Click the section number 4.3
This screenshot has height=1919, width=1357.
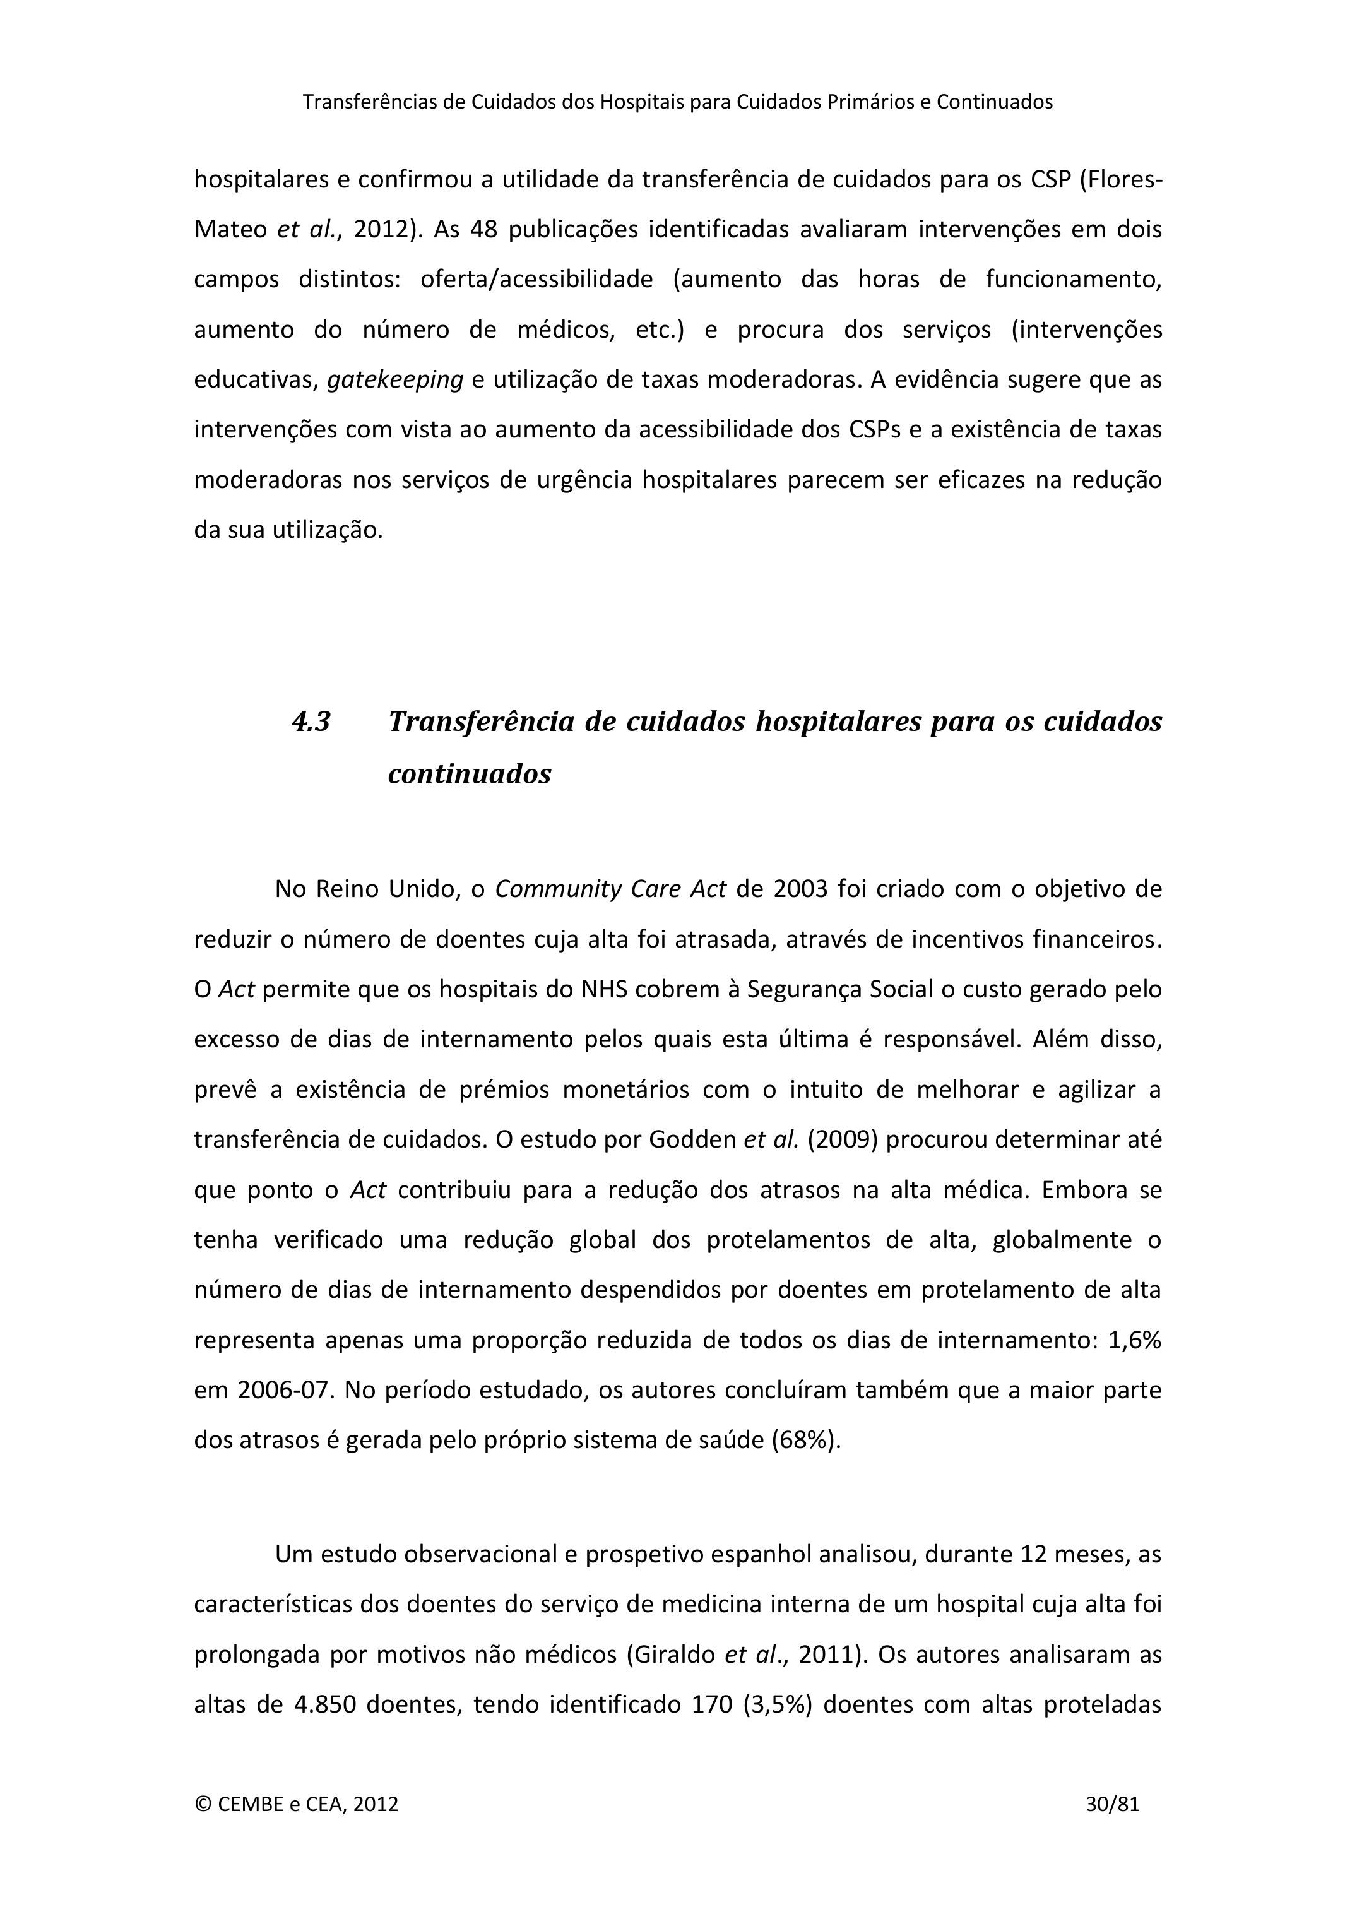pos(311,722)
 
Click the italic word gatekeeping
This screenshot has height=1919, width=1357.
pos(394,379)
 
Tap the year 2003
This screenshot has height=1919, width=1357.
pos(800,888)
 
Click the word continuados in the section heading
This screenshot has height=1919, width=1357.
pos(470,774)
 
